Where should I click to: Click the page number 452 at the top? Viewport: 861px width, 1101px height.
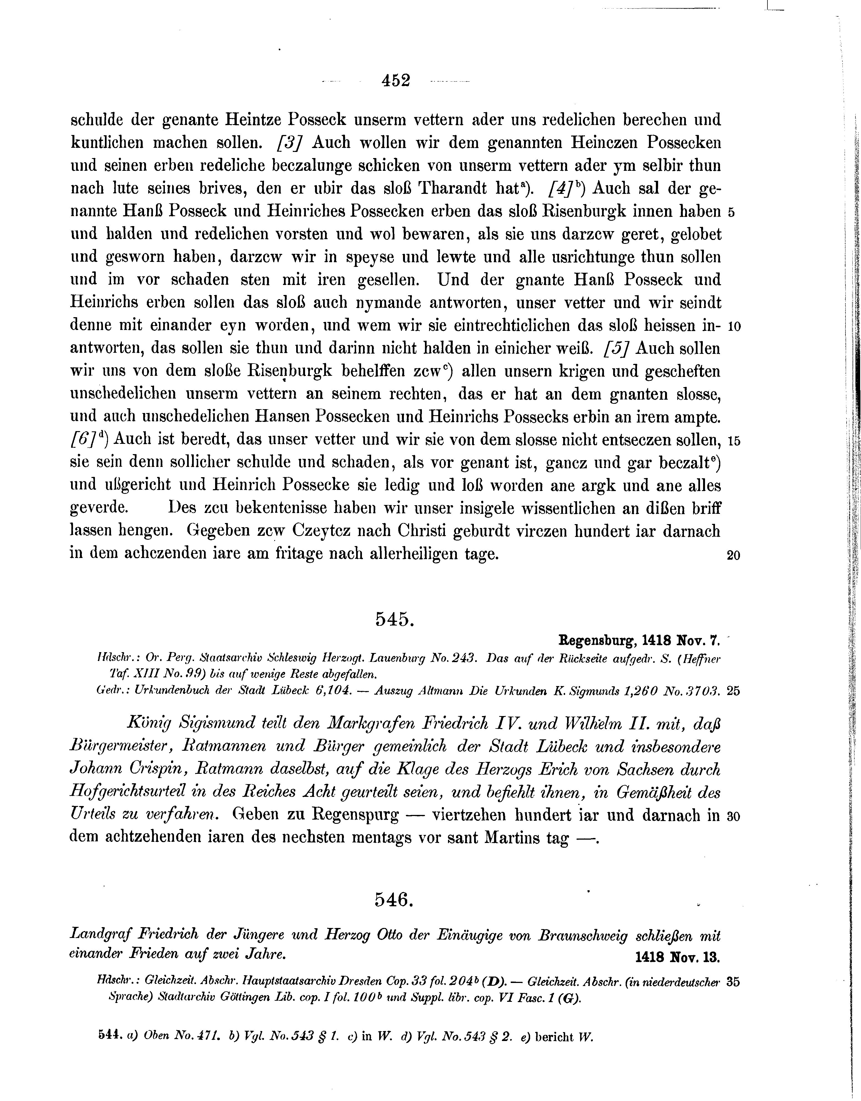(396, 81)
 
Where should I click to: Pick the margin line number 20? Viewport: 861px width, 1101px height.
(734, 556)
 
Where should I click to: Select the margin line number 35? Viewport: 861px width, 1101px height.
(734, 982)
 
